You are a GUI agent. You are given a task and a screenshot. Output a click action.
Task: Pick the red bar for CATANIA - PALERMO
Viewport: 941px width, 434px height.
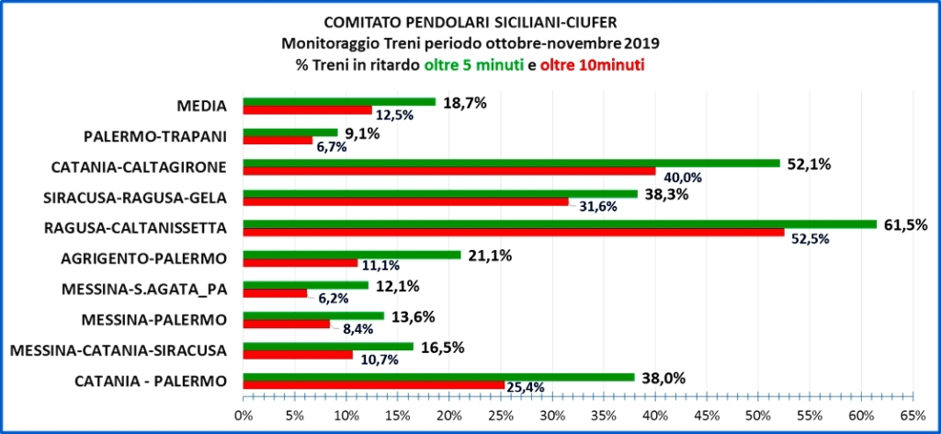[x=373, y=384]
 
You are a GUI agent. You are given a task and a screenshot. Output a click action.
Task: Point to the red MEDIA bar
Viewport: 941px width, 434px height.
[x=307, y=109]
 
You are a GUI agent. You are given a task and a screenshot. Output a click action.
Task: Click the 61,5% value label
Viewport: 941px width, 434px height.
[x=904, y=223]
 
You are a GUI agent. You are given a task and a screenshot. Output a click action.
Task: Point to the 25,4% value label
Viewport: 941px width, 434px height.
[x=527, y=388]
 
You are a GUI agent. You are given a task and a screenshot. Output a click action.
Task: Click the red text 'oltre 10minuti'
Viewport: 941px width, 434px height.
[x=592, y=65]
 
